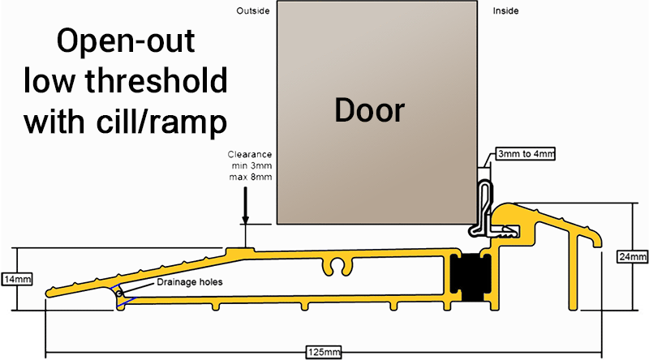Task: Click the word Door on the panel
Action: pyautogui.click(x=369, y=109)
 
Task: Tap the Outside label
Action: pyautogui.click(x=252, y=11)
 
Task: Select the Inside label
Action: pyautogui.click(x=505, y=11)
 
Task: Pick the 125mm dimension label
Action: pyautogui.click(x=323, y=351)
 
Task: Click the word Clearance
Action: pyautogui.click(x=251, y=154)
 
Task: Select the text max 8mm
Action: pyautogui.click(x=251, y=177)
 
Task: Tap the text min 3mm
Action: pyautogui.click(x=251, y=165)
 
